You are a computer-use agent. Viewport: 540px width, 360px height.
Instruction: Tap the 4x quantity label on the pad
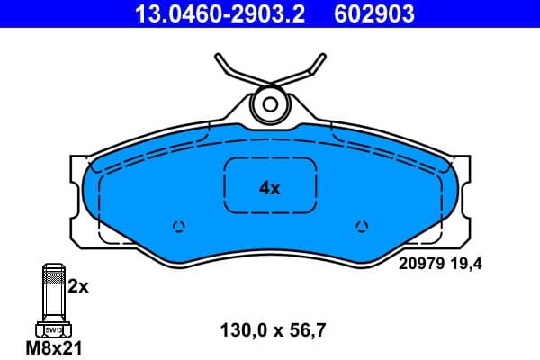pos(270,188)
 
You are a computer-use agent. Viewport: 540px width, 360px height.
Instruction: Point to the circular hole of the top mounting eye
pos(267,103)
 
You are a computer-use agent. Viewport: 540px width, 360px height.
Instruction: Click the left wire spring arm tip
pos(220,60)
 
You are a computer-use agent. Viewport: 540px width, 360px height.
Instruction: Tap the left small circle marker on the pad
pos(177,225)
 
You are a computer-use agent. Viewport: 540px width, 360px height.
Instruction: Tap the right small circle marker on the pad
pos(362,225)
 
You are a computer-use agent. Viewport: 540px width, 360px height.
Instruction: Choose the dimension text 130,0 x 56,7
pos(273,329)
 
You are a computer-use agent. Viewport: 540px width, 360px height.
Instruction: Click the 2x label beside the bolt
pos(79,287)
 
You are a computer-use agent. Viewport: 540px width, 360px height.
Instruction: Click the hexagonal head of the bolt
pos(53,328)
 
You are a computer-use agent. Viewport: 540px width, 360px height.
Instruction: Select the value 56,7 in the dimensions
pos(307,329)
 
